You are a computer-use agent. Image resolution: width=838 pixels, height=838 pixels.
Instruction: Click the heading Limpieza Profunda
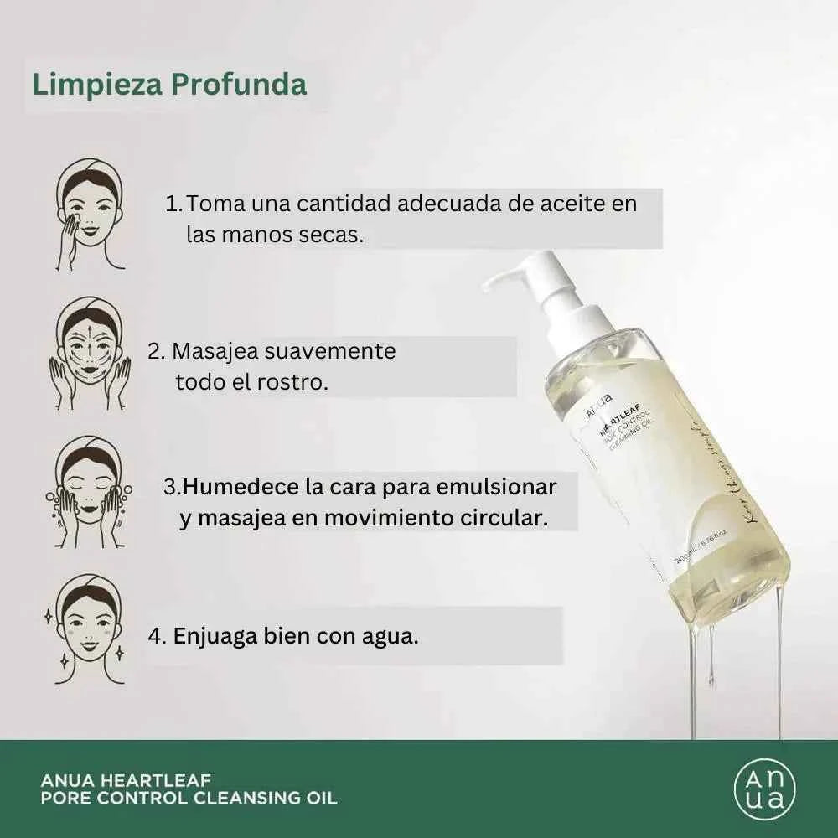[169, 85]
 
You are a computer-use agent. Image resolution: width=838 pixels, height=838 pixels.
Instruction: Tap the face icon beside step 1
[90, 215]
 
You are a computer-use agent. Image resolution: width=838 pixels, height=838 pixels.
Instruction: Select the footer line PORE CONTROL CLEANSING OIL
[189, 798]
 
